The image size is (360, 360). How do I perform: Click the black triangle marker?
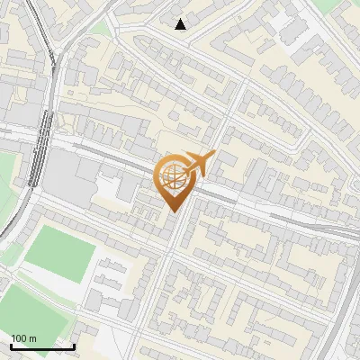coord(182,23)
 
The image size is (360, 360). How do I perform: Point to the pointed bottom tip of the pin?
coord(173,211)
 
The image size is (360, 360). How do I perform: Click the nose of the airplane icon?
coord(213,155)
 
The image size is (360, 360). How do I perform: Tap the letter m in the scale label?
coord(32,338)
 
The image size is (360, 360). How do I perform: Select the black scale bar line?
coord(41,346)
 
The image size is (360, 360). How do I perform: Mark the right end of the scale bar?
coord(74,346)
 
